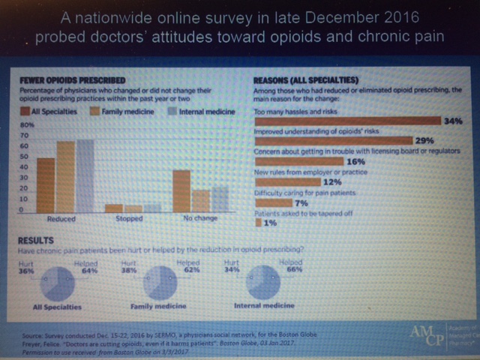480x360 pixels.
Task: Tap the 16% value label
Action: click(x=355, y=160)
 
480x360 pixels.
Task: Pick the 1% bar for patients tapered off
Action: click(x=258, y=222)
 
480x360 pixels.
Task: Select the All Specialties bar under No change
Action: click(x=180, y=191)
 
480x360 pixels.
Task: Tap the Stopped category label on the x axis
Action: click(x=129, y=219)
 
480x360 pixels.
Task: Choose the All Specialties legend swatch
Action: click(x=22, y=112)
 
